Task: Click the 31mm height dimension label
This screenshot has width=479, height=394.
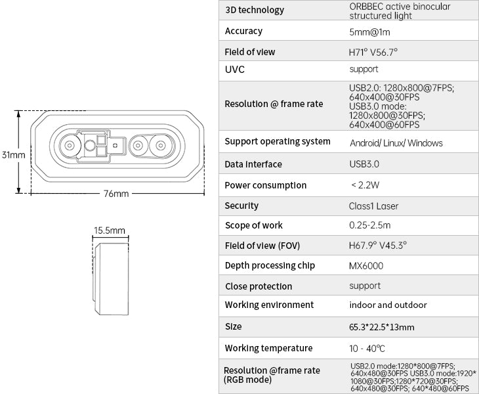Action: click(13, 155)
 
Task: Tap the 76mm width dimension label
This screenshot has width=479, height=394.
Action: click(116, 194)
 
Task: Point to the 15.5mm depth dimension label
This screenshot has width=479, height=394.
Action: click(110, 230)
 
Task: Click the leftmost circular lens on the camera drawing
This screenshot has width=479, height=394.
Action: click(70, 146)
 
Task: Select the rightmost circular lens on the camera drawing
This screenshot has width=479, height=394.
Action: click(161, 146)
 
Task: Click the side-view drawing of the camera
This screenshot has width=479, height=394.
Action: click(111, 279)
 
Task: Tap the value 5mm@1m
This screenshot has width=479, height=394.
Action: click(369, 32)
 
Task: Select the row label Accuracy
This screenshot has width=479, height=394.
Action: click(243, 31)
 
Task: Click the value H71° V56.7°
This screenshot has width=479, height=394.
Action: click(373, 53)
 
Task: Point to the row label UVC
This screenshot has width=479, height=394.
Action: click(235, 70)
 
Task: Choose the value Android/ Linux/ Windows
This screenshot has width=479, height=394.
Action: click(396, 143)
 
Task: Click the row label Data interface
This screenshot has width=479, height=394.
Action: click(253, 164)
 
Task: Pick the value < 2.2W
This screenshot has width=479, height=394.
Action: click(365, 185)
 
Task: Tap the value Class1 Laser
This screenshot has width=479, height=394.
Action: click(373, 206)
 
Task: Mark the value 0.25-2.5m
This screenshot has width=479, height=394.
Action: click(369, 225)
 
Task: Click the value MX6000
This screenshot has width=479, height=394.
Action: click(366, 265)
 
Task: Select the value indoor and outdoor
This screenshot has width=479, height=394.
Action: click(388, 305)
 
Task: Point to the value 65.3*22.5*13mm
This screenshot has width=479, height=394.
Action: click(381, 327)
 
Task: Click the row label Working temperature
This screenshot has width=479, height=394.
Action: click(268, 348)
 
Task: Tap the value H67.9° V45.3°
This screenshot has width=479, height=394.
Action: click(377, 246)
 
